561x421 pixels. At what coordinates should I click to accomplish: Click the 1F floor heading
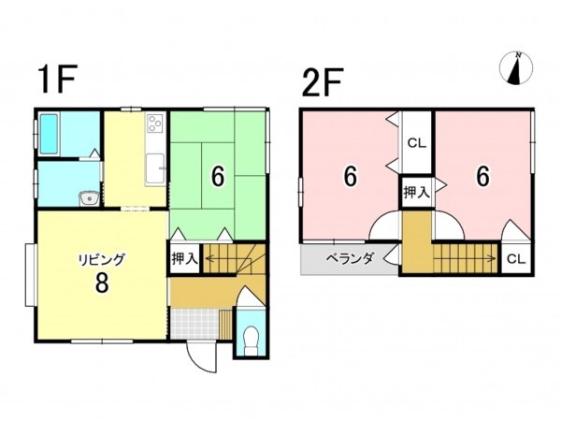tap(55, 80)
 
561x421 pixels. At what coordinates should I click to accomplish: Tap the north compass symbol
tap(516, 68)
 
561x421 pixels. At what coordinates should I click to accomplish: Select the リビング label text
tap(101, 259)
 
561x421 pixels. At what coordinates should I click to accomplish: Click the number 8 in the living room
tap(101, 283)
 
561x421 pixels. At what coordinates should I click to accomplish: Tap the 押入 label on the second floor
tap(416, 193)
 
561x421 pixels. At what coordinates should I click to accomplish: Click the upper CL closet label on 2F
tap(416, 143)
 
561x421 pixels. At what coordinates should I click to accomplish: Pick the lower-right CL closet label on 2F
tap(515, 259)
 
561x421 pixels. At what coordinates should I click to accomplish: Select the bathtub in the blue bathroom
tap(52, 137)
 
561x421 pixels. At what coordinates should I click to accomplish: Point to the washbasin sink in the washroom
tap(89, 197)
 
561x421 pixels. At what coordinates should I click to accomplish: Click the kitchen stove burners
tap(156, 123)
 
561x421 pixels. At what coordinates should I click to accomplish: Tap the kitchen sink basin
tap(157, 168)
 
